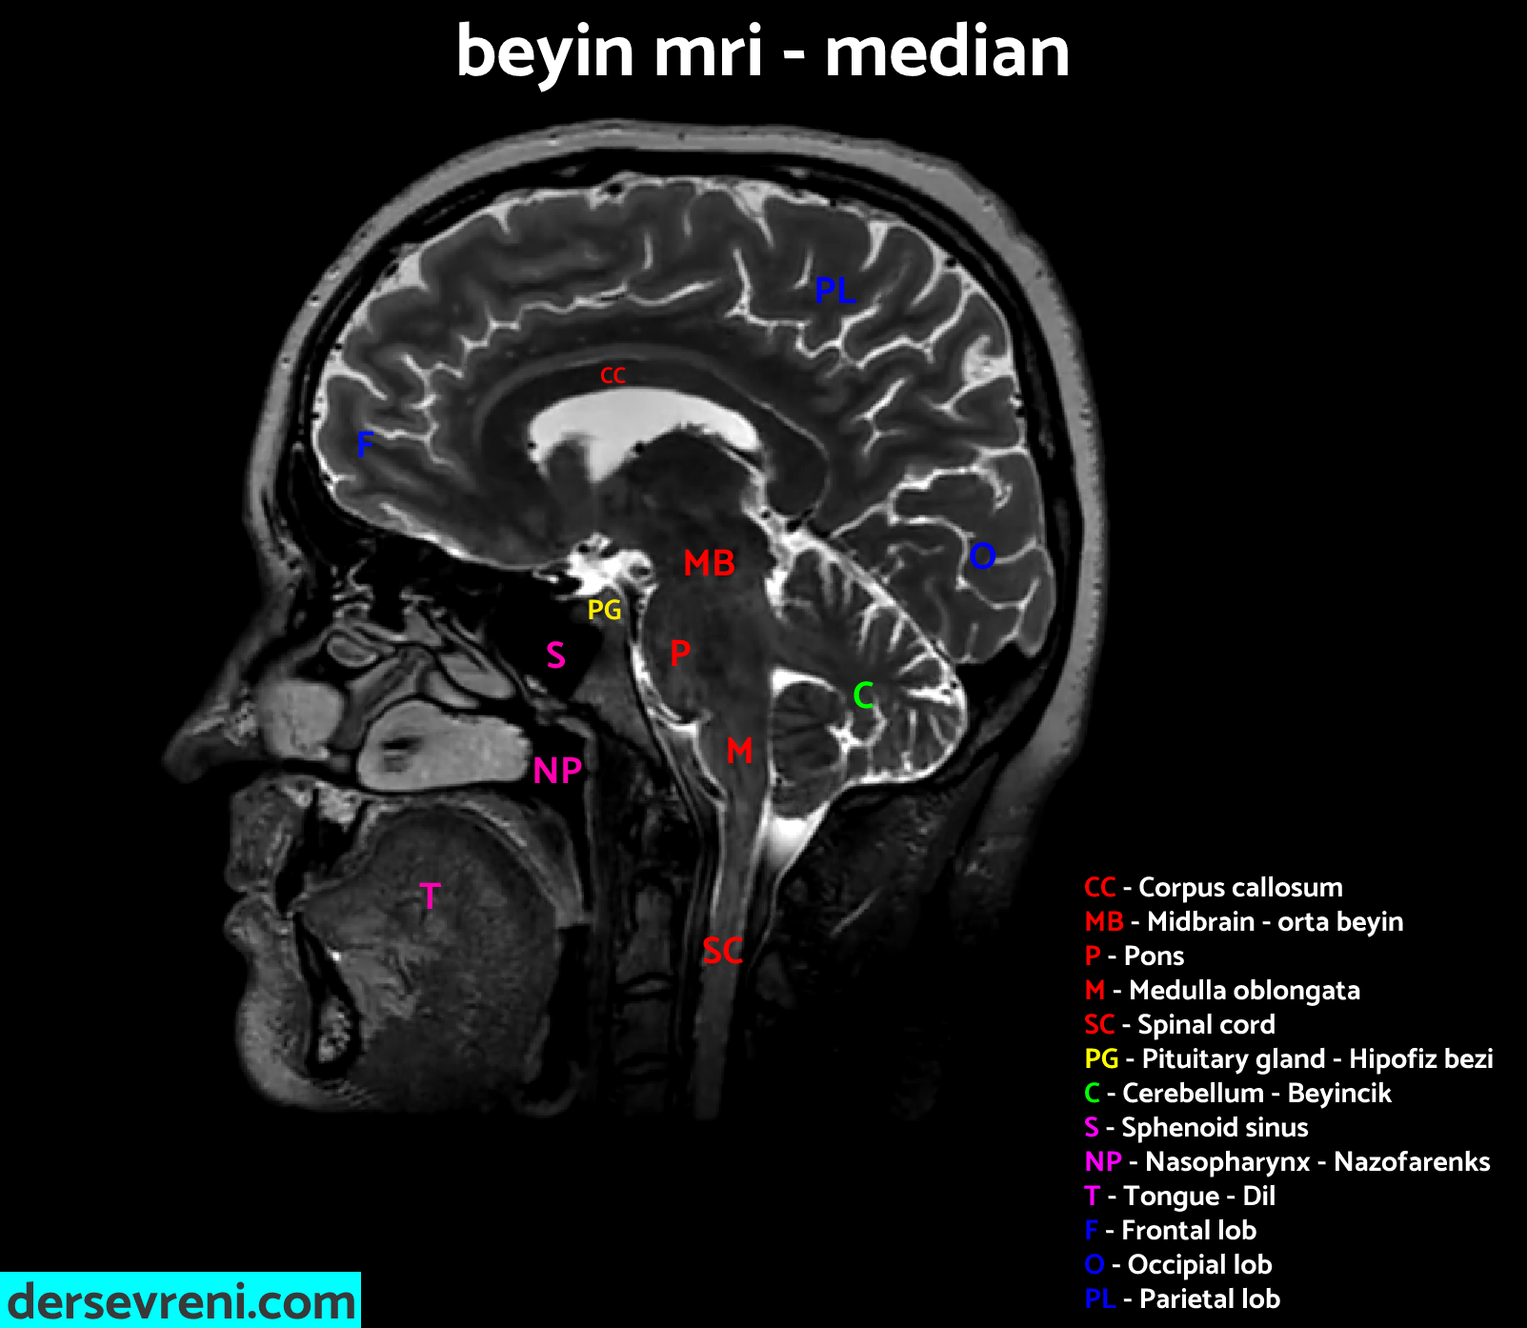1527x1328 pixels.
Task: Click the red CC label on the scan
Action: pos(613,376)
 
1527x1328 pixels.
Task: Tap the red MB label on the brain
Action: pos(710,563)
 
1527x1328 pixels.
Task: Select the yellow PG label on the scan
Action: pos(604,610)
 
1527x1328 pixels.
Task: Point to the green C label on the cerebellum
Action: pos(863,696)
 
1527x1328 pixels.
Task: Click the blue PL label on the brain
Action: pos(834,291)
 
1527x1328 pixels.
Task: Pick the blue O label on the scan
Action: pos(982,555)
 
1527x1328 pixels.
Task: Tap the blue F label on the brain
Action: pos(365,444)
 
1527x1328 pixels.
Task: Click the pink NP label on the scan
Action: pos(557,771)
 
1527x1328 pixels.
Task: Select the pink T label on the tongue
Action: pos(431,896)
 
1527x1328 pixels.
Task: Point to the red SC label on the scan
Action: pos(722,951)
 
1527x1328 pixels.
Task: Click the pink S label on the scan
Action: pos(555,655)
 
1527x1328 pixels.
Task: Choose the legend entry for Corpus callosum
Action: pos(1213,887)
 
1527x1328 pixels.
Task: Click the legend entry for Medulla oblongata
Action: pos(1222,990)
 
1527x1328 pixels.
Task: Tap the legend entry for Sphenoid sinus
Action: pos(1196,1127)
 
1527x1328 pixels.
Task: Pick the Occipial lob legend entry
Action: pos(1178,1264)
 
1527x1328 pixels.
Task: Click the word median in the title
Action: pos(947,51)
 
